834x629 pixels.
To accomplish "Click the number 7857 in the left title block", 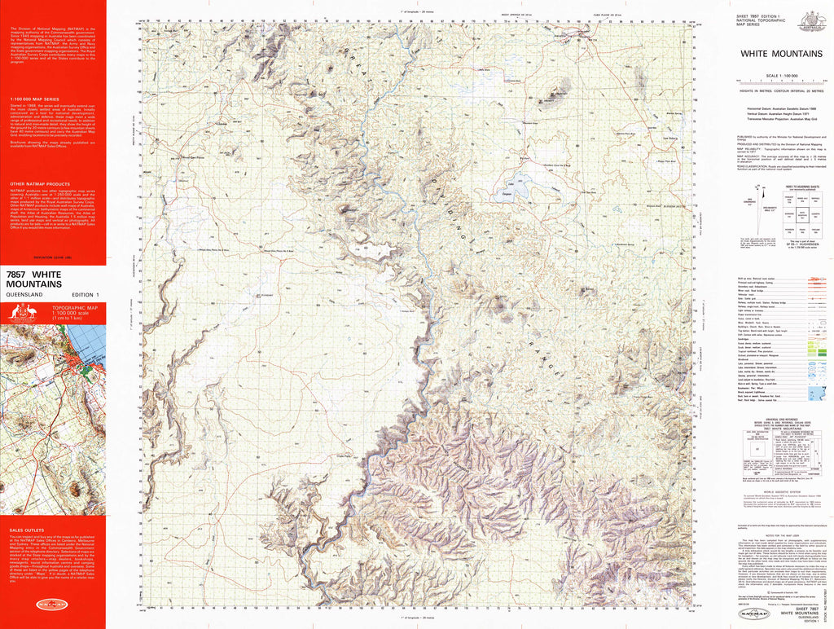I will click(x=18, y=275).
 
